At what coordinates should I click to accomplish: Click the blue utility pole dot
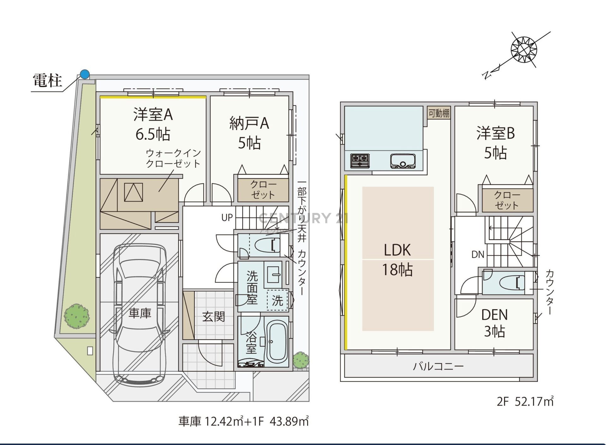pyautogui.click(x=85, y=74)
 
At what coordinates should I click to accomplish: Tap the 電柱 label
pyautogui.click(x=48, y=80)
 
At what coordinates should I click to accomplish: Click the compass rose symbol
pyautogui.click(x=524, y=50)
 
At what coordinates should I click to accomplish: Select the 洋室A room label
pyautogui.click(x=153, y=114)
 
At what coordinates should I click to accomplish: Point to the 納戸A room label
pyautogui.click(x=249, y=123)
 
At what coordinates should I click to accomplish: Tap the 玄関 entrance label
pyautogui.click(x=214, y=317)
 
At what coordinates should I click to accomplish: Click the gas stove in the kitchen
pyautogui.click(x=360, y=160)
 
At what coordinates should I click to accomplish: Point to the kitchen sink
pyautogui.click(x=403, y=161)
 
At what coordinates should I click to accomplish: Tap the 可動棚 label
pyautogui.click(x=439, y=113)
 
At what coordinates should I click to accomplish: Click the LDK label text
pyautogui.click(x=397, y=250)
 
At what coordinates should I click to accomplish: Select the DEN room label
pyautogui.click(x=495, y=315)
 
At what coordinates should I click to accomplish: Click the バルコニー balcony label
pyautogui.click(x=438, y=366)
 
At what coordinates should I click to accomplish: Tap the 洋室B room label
pyautogui.click(x=496, y=133)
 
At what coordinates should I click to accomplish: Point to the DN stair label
pyautogui.click(x=478, y=254)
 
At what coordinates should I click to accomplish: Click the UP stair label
pyautogui.click(x=227, y=217)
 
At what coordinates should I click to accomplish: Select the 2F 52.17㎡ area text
pyautogui.click(x=526, y=401)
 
